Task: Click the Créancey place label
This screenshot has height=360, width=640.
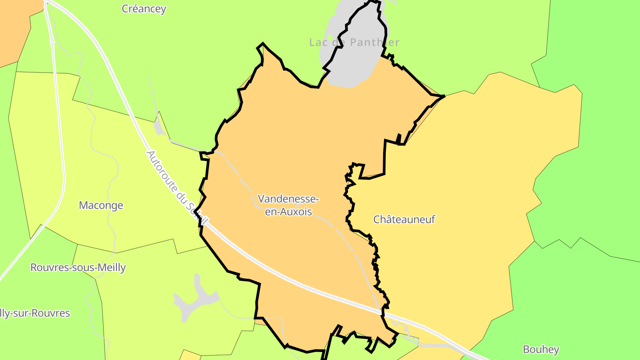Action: [144, 9]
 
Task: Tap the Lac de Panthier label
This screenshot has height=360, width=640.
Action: [354, 42]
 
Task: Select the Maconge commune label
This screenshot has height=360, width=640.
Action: [101, 205]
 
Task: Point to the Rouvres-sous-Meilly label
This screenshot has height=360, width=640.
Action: [78, 268]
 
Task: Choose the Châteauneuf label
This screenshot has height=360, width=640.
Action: [404, 220]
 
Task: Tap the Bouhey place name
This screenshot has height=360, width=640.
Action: [541, 349]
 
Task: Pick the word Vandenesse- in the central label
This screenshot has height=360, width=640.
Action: [288, 198]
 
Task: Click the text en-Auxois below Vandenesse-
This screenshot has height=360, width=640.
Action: [288, 212]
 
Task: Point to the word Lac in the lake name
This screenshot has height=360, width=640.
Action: [318, 42]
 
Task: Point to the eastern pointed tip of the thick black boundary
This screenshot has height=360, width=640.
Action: [444, 96]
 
